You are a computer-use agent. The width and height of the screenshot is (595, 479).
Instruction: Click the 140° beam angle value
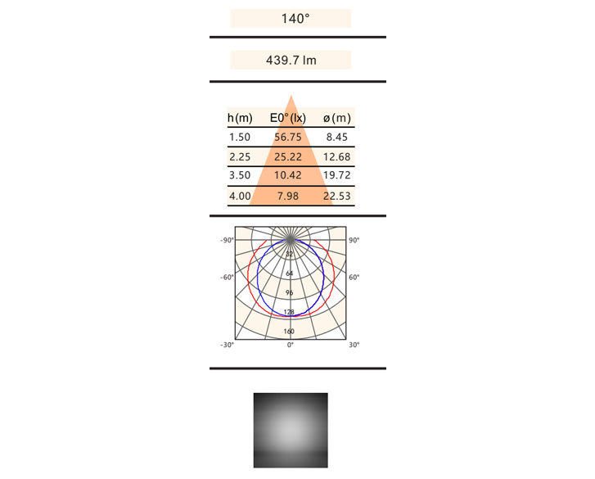295,19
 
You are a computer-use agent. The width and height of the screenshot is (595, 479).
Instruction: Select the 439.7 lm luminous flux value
291,61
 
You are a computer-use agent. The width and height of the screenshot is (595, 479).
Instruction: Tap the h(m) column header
240,118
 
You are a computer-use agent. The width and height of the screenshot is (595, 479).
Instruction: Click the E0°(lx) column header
288,118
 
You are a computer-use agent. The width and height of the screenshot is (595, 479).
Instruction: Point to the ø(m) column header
337,118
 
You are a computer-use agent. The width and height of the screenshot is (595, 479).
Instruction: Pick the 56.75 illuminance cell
288,137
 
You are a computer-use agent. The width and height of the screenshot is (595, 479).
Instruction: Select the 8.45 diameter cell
337,137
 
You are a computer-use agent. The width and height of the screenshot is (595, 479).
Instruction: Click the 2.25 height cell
240,156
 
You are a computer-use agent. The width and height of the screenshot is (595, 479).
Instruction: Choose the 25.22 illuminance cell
288,156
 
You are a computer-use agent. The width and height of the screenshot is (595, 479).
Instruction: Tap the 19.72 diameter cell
337,175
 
